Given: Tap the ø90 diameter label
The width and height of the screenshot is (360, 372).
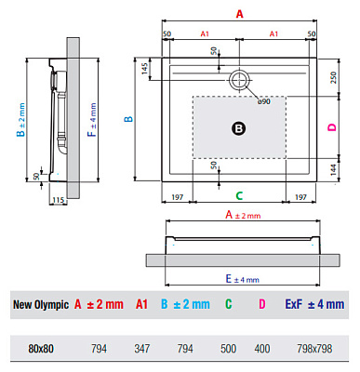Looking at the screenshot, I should coord(263,100).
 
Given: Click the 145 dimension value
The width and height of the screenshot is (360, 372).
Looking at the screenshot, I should coord(145,69).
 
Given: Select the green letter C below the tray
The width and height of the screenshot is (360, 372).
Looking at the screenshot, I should coord(239,196).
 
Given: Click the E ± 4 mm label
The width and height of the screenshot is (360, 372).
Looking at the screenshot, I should coord(241,279).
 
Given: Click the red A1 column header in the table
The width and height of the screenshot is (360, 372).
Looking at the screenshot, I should coord(141,304).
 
